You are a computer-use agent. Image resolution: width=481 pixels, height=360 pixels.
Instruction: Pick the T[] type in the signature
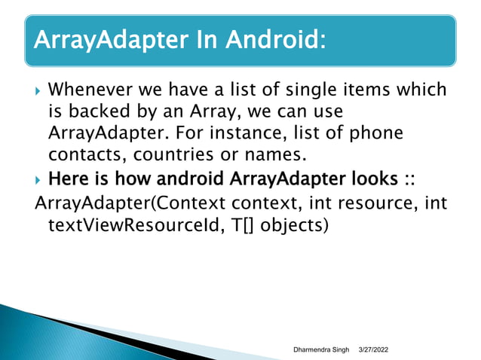pos(256,225)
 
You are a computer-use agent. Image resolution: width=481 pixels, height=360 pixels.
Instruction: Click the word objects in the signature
pos(301,225)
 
